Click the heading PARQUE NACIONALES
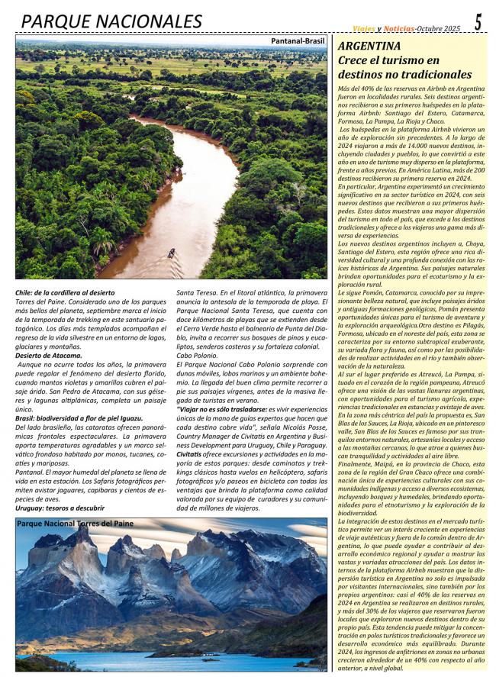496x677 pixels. (111, 21)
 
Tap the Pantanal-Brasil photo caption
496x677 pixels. (298, 41)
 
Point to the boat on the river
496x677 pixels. (171, 253)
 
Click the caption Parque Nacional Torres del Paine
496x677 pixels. (75, 524)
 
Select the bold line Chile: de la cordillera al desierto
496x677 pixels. (65, 292)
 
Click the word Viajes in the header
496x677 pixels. (363, 28)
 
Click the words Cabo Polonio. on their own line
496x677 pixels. (198, 356)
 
